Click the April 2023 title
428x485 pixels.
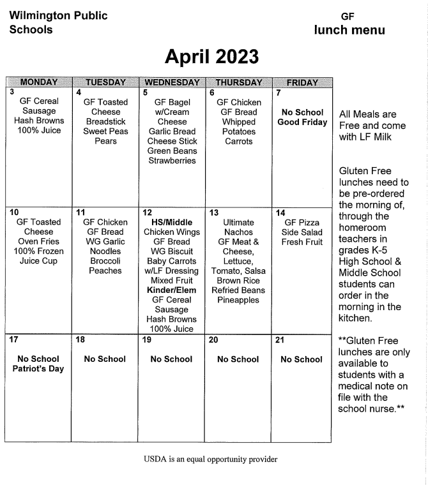coord(211,57)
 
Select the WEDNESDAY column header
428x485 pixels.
coord(171,82)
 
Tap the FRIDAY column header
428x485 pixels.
coord(302,82)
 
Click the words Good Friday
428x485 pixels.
coord(302,123)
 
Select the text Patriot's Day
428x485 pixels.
coord(38,369)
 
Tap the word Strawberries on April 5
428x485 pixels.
coord(172,161)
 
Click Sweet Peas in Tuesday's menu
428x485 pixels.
coord(105,131)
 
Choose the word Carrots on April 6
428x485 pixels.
coord(238,142)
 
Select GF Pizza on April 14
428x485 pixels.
coord(302,222)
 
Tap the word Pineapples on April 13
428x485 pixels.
coord(238,300)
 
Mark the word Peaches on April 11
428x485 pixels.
coord(105,271)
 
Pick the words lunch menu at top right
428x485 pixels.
coord(349,30)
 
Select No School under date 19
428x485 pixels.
coord(171,359)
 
